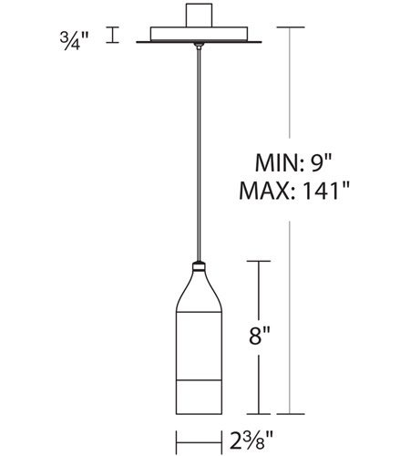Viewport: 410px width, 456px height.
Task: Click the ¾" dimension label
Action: (74, 40)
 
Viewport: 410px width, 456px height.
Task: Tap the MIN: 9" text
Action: (293, 163)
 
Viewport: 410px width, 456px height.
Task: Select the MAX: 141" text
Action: (294, 191)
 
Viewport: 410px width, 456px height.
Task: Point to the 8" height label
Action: (259, 336)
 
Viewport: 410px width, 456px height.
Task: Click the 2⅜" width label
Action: (251, 440)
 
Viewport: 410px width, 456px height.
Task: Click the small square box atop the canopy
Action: (199, 16)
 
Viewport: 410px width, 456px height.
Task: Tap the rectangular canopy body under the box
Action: (199, 34)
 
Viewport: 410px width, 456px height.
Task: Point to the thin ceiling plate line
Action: (199, 42)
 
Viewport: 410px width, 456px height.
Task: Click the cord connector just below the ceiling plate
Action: (199, 46)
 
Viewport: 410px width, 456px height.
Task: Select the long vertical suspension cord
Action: (199, 155)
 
